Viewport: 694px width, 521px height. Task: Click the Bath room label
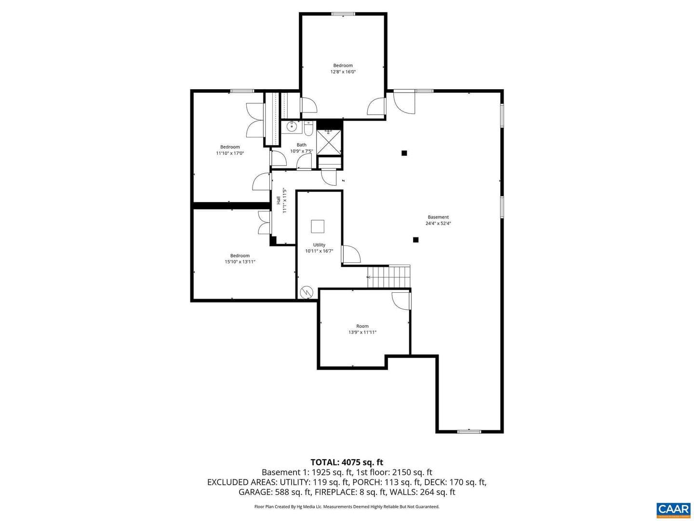[x=301, y=145]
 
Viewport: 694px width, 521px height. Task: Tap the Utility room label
[x=319, y=245]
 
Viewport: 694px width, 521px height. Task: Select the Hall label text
[x=279, y=200]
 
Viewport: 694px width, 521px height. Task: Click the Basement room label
[x=438, y=217]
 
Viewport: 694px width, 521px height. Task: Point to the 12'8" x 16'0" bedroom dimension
[x=343, y=72]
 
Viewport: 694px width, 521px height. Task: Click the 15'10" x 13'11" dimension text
[x=240, y=261]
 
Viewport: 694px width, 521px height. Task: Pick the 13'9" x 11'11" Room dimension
[x=362, y=332]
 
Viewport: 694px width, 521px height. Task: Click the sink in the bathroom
[x=291, y=127]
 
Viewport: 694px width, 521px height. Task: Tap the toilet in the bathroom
[x=308, y=128]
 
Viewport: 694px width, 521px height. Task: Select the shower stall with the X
[x=329, y=142]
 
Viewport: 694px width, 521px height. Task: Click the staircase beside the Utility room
[x=388, y=276]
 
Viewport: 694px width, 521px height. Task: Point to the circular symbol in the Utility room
[x=307, y=292]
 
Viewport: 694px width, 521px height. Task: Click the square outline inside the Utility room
[x=318, y=226]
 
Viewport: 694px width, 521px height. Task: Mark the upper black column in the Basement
[x=404, y=153]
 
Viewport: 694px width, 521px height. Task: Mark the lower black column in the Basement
[x=416, y=240]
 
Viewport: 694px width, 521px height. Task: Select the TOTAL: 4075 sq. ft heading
[x=347, y=462]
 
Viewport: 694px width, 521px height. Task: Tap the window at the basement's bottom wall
[x=469, y=431]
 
